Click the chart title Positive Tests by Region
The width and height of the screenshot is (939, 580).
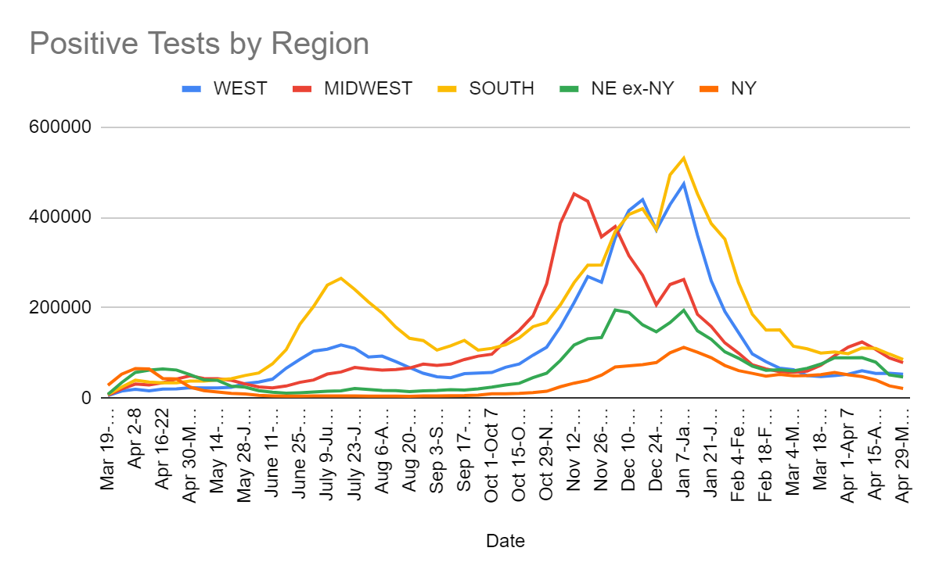[199, 44]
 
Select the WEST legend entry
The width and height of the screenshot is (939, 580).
[239, 88]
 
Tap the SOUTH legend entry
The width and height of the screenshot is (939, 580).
[501, 88]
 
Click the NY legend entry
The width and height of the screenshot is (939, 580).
[743, 88]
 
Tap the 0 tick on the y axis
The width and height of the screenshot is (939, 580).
[86, 398]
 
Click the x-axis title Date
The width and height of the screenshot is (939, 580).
[505, 540]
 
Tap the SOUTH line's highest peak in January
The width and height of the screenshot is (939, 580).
[684, 158]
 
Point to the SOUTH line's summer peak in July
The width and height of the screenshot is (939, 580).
[341, 277]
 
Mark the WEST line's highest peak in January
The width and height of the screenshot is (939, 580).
[684, 184]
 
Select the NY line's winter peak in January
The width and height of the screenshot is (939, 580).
[684, 347]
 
